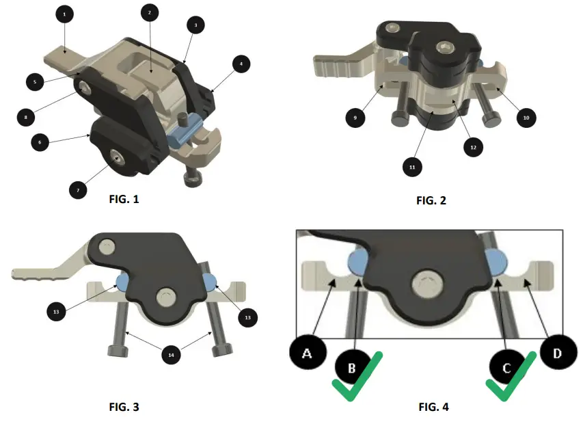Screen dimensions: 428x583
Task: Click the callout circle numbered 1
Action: [x=64, y=13]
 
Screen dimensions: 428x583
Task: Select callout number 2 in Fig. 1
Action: [x=150, y=12]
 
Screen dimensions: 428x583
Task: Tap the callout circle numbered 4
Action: [x=241, y=64]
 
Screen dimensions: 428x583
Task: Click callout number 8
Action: [x=26, y=117]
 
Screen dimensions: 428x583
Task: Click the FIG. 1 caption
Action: [x=124, y=200]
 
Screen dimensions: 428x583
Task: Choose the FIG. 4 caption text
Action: [x=433, y=407]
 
